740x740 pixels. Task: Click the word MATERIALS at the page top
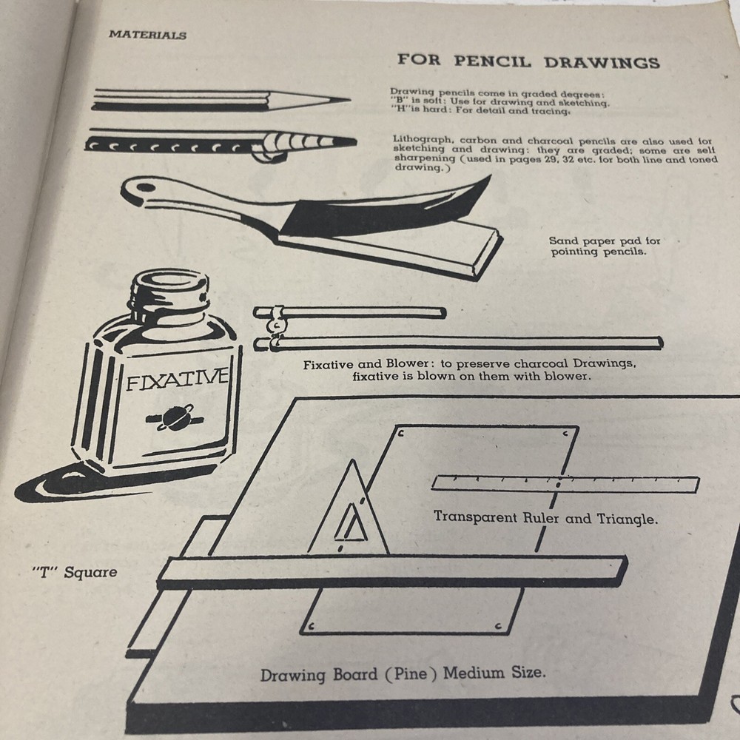pos(147,35)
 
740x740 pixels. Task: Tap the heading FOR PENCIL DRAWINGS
pos(528,61)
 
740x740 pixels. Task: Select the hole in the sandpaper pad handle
pos(140,185)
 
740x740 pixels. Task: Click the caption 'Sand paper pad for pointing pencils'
pos(605,246)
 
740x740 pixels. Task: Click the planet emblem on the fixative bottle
pos(176,418)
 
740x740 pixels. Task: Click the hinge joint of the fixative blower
pos(275,326)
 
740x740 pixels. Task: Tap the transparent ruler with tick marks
pos(565,484)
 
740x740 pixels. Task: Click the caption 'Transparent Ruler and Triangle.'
pos(545,519)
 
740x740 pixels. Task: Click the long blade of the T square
pos(392,571)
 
